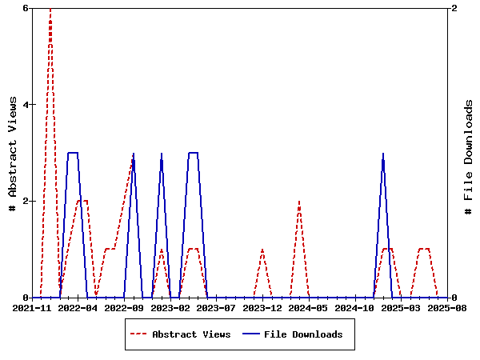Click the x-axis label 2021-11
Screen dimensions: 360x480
(x=32, y=307)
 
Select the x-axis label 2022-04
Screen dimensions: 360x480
(x=78, y=307)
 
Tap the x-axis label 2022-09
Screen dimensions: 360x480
(x=124, y=307)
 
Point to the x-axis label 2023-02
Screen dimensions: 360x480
(x=170, y=307)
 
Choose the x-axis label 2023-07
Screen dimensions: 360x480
(x=217, y=307)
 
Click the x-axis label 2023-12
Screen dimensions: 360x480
(x=262, y=307)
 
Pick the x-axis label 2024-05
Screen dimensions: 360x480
(x=309, y=307)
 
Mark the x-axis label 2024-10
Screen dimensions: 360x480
(x=355, y=307)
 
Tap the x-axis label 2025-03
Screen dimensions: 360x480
(x=402, y=307)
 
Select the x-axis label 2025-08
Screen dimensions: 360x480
(x=446, y=307)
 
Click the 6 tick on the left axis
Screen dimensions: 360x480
(x=26, y=8)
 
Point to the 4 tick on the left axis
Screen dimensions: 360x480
(x=26, y=105)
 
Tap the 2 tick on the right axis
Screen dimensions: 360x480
(x=454, y=8)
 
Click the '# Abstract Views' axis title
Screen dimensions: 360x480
(x=12, y=153)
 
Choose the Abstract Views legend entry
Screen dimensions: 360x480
(x=191, y=334)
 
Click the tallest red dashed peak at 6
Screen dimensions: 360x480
(x=50, y=10)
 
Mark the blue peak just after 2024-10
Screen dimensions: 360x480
(x=383, y=154)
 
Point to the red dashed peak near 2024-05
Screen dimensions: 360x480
(x=299, y=202)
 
